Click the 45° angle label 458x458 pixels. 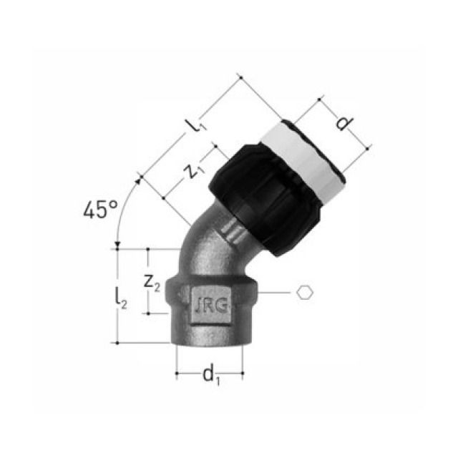pyautogui.click(x=99, y=210)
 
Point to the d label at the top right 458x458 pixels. pyautogui.click(x=344, y=122)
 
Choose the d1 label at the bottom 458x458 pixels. pyautogui.click(x=209, y=373)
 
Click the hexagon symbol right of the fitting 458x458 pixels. pyautogui.click(x=305, y=292)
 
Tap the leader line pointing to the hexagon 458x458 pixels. pyautogui.click(x=277, y=293)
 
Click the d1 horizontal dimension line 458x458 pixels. pyautogui.click(x=210, y=360)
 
